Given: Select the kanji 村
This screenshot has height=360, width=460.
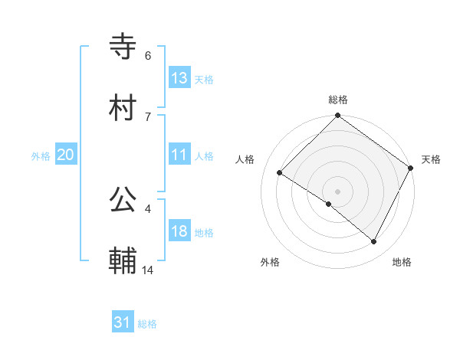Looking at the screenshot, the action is [x=124, y=109].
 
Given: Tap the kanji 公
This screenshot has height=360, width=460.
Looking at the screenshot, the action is [x=124, y=201].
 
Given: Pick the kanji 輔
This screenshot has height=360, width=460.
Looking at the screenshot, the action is [x=124, y=262].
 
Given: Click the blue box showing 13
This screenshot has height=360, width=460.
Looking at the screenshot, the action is [x=179, y=77].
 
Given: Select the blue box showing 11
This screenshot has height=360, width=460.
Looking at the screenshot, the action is [x=179, y=155].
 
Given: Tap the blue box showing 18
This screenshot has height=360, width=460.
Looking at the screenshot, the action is [x=179, y=231].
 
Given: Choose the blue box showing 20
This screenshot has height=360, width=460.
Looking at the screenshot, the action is [x=66, y=155].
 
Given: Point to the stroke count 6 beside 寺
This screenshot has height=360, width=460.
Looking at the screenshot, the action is [x=148, y=56].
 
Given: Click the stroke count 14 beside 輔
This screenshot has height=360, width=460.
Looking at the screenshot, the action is [x=148, y=270].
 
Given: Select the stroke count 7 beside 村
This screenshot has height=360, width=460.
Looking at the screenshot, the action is [x=148, y=117].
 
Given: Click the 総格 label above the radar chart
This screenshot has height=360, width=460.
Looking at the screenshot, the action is [x=338, y=100].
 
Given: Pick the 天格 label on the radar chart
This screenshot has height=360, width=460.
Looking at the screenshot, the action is [x=431, y=159].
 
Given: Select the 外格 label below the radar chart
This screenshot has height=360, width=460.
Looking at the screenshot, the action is [x=270, y=263].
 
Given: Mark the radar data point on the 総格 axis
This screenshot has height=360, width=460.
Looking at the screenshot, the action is [x=338, y=117].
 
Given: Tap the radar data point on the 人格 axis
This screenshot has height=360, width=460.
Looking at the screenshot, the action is [x=280, y=173].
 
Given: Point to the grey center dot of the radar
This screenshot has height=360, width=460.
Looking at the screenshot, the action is [x=338, y=191].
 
